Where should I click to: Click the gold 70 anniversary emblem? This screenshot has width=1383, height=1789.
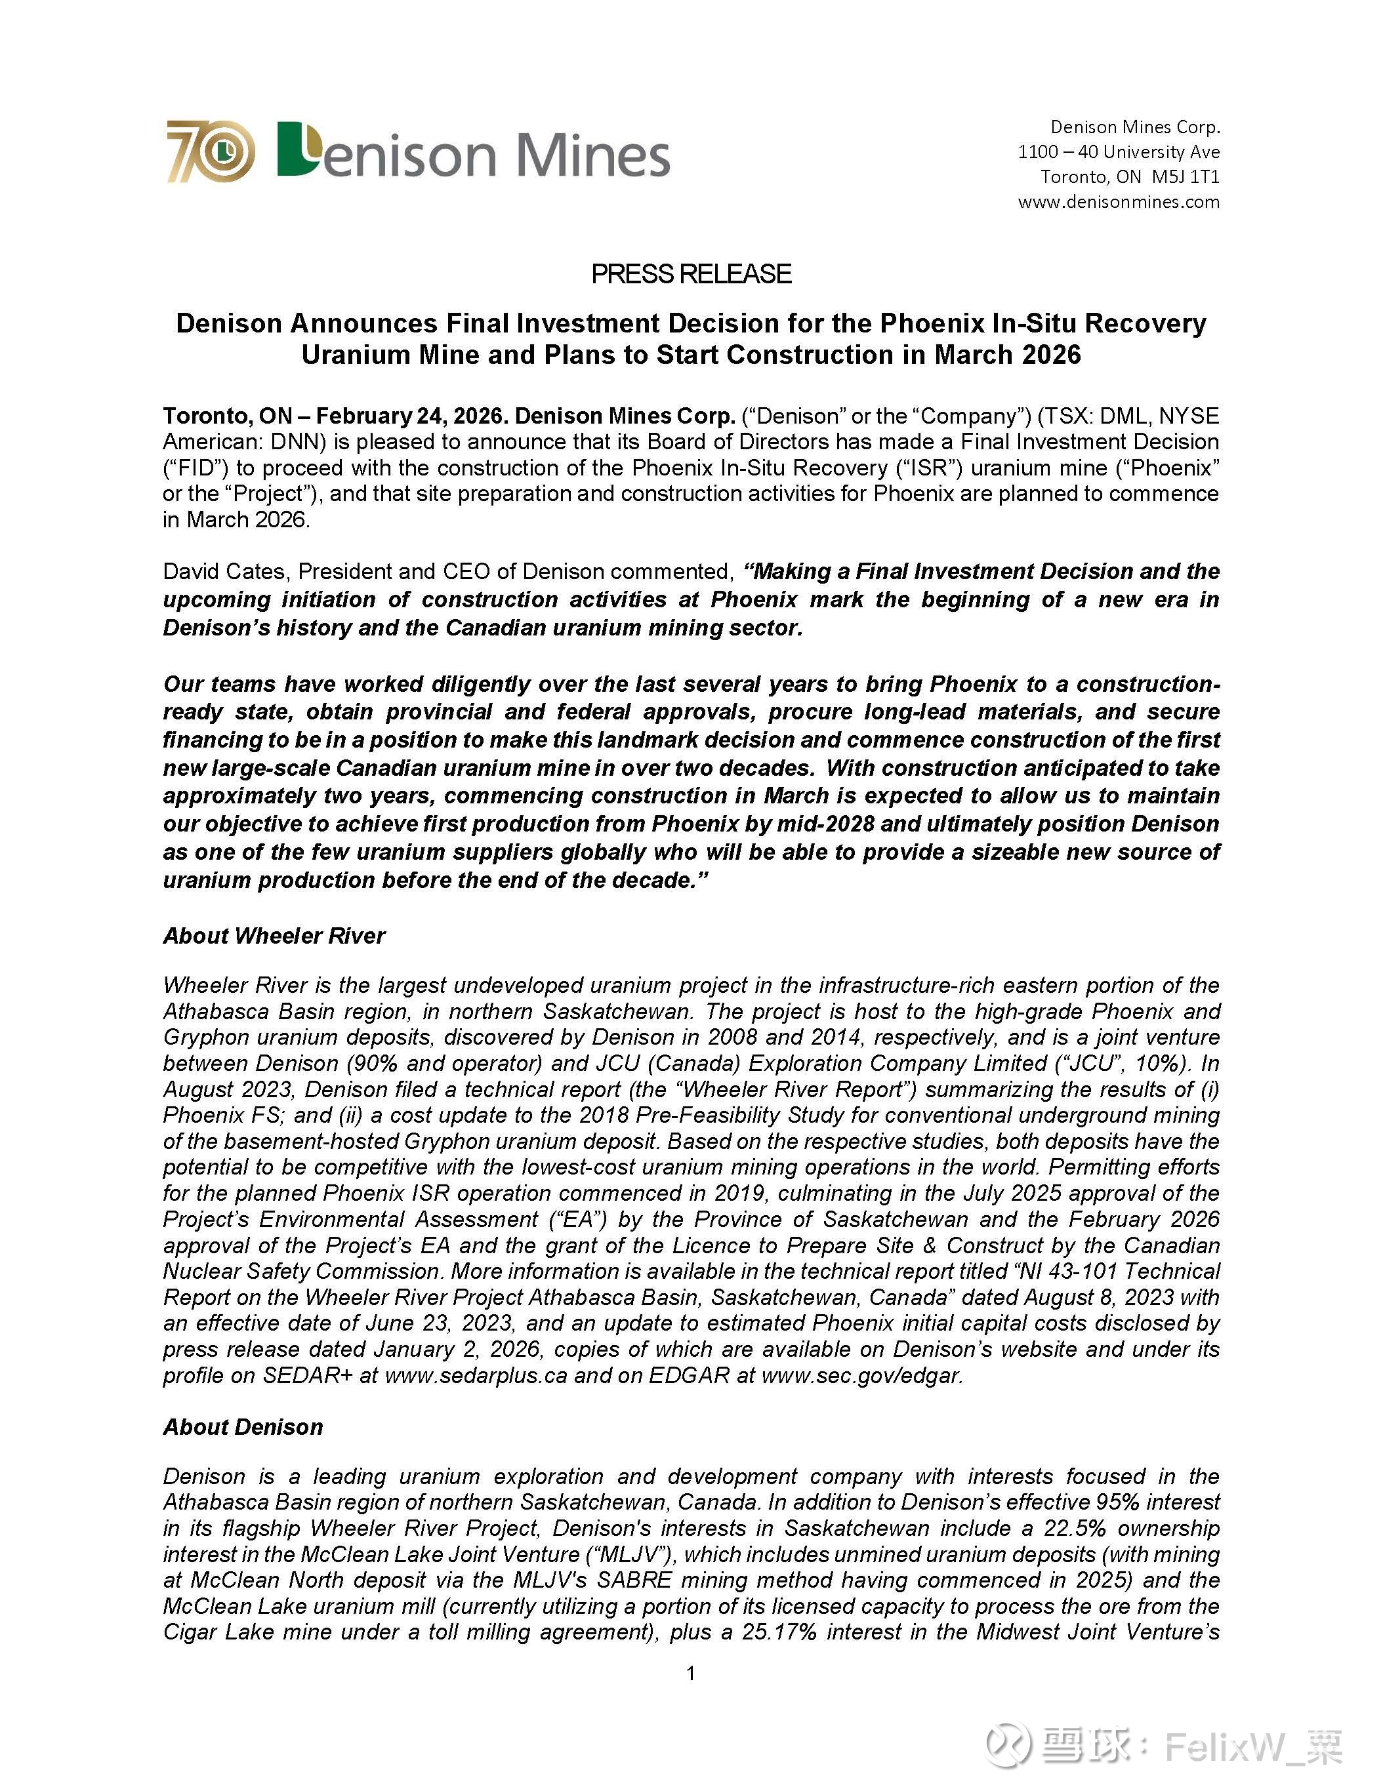click(211, 151)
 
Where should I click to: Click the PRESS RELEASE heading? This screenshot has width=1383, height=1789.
click(691, 273)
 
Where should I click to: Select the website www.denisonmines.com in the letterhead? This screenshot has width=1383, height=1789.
click(1119, 201)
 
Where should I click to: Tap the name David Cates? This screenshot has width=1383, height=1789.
click(225, 571)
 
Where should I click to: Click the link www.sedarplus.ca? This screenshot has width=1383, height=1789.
click(475, 1375)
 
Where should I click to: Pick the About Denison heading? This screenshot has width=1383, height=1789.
click(243, 1427)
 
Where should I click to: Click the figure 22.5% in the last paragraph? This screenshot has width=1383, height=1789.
click(1073, 1529)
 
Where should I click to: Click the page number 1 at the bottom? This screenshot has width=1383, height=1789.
click(691, 1673)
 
